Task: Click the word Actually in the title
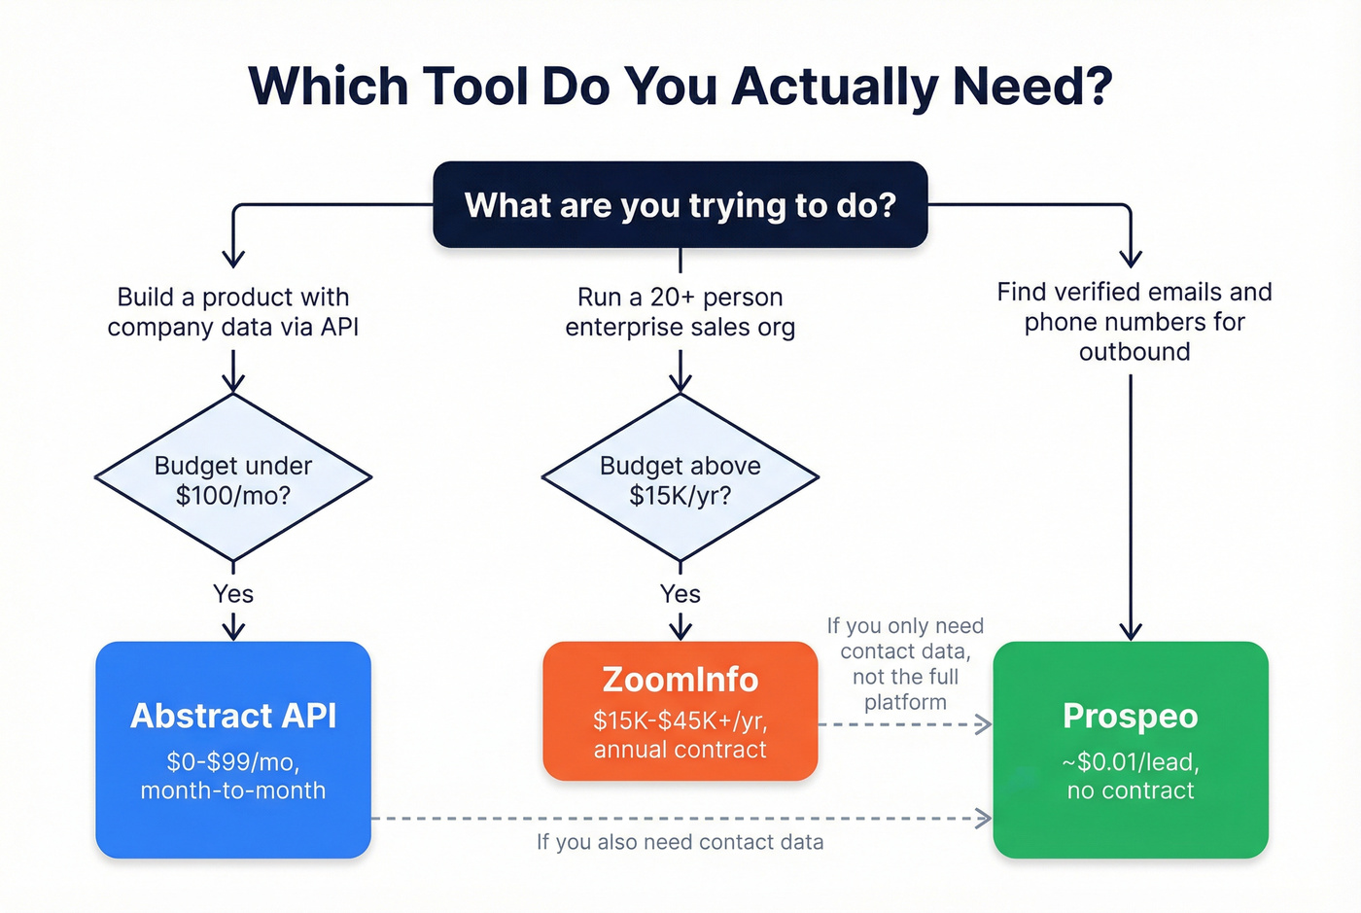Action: (835, 87)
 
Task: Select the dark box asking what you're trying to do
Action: (680, 205)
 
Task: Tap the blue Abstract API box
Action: (233, 749)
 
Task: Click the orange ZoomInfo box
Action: (680, 711)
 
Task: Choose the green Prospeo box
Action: (1131, 749)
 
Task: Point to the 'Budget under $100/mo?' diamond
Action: (233, 478)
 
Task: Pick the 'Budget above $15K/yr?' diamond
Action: (680, 478)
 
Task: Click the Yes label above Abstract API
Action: (233, 594)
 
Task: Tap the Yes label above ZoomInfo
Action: (680, 594)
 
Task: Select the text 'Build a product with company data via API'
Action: (233, 312)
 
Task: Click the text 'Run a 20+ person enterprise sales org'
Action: (680, 312)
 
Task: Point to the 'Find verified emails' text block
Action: (1134, 322)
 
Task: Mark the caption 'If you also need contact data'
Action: (680, 842)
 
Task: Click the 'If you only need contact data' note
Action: (905, 664)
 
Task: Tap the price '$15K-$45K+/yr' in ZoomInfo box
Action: (680, 721)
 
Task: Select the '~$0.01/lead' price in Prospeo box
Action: (1131, 761)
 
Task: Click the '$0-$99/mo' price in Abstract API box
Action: (233, 761)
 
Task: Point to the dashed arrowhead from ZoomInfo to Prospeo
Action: (984, 724)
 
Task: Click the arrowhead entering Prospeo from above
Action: (1131, 631)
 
